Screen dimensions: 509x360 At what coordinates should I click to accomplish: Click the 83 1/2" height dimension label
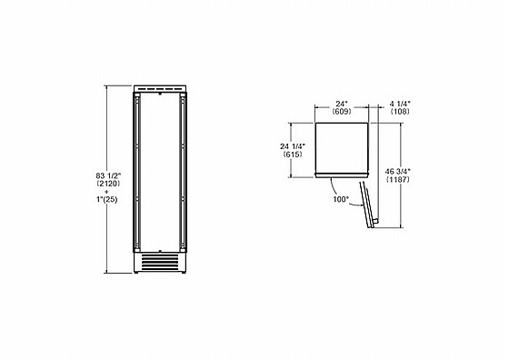coord(108,175)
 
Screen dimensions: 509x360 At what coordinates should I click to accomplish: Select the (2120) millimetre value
coord(108,184)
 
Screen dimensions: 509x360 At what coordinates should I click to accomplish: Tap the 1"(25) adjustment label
coord(107,200)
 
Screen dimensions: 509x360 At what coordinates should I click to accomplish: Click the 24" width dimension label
coord(342,104)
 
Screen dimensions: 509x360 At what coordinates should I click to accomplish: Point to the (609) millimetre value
coord(342,111)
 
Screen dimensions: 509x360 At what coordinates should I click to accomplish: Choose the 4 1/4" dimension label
coord(400,104)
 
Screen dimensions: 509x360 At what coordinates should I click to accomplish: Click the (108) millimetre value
coord(400,111)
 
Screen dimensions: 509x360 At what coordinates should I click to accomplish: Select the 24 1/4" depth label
coord(293,146)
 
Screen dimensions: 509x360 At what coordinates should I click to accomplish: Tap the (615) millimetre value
coord(293,155)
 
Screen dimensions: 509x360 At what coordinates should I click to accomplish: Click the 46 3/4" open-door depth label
coord(398,172)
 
